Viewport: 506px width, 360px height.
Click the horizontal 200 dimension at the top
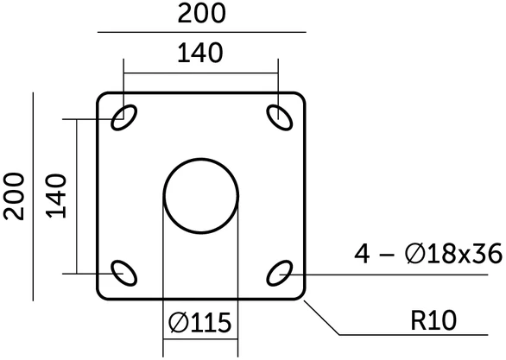click(x=201, y=14)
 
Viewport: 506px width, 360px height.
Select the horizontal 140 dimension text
click(x=200, y=53)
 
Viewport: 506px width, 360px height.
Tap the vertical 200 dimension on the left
click(x=14, y=197)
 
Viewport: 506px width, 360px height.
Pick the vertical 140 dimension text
click(x=56, y=196)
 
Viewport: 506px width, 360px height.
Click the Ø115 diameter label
click(x=200, y=323)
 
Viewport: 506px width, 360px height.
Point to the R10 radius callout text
click(x=433, y=320)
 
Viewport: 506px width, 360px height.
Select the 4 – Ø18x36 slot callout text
click(x=428, y=254)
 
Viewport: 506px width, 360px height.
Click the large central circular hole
click(x=200, y=158)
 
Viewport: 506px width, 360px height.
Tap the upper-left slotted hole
click(x=124, y=117)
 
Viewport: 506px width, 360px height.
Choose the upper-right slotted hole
click(x=280, y=117)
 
